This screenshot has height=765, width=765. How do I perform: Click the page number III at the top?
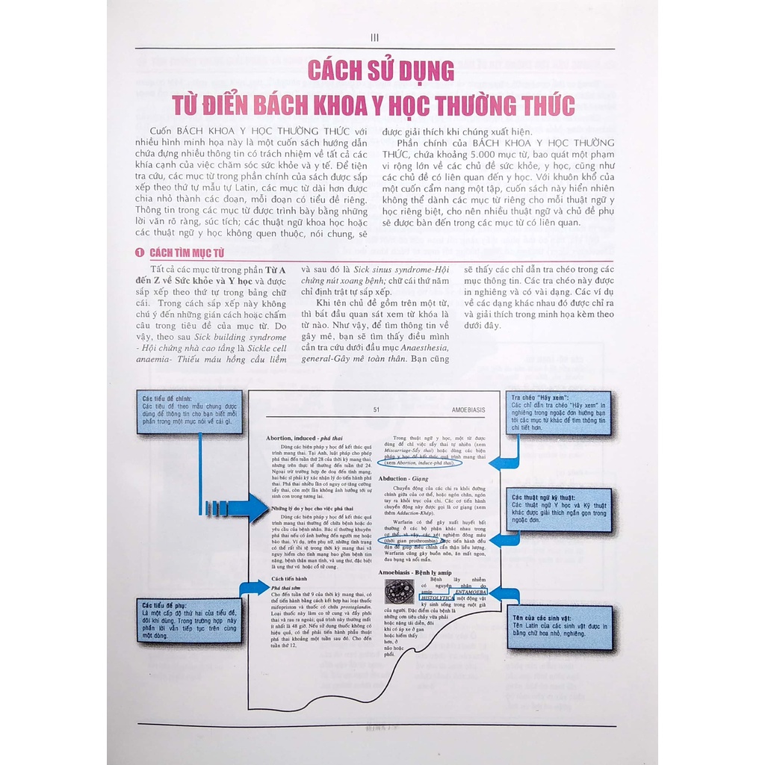375,37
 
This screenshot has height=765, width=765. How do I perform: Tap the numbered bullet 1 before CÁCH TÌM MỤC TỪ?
139,253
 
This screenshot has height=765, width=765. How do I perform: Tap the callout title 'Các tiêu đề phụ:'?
163,605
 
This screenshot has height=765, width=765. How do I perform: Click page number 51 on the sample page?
377,409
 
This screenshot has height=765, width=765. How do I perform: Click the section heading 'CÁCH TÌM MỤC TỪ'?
187,253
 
